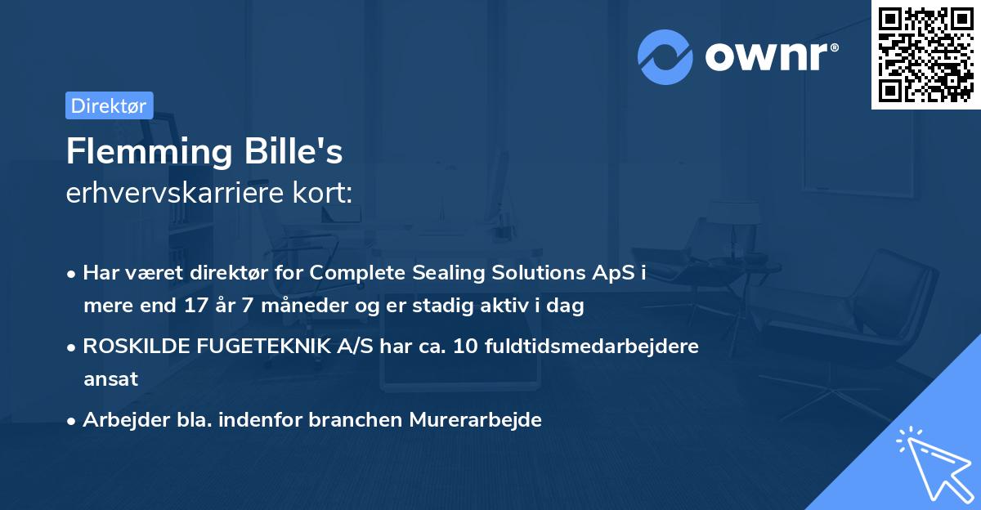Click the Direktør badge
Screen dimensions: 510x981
coord(109,105)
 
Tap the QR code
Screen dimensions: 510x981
coord(925,55)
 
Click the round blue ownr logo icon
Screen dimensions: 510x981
coord(665,56)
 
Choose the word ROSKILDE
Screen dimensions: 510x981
coord(137,346)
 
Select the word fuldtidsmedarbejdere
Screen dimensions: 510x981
coord(592,346)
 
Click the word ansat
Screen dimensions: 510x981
coord(110,379)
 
